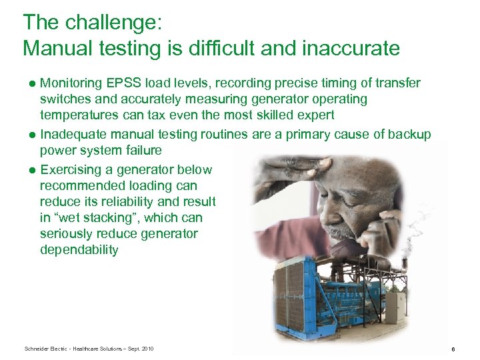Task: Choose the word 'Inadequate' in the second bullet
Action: click(72, 135)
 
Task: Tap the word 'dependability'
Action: click(79, 250)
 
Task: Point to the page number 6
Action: click(453, 349)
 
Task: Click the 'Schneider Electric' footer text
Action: click(47, 349)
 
